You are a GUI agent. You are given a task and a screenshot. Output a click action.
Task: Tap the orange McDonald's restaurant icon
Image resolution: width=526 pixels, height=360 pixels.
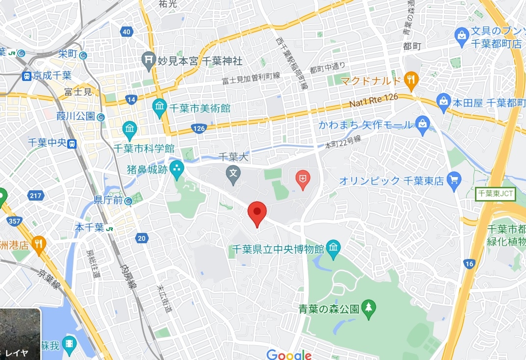pos(412,79)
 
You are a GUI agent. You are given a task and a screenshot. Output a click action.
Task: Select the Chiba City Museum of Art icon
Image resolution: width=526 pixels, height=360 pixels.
pos(159,108)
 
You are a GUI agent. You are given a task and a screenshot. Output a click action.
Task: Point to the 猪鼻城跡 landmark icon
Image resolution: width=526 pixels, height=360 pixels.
pos(177,169)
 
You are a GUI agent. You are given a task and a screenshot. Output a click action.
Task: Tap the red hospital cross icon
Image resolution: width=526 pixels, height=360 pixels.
pos(302,180)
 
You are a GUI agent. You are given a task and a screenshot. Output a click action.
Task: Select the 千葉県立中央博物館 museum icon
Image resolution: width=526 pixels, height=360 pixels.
pos(333,248)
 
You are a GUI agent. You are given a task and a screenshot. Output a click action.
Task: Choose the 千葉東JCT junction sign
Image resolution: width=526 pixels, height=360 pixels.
pos(496,194)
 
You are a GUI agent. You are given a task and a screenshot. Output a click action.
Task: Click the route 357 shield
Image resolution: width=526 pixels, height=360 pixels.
pos(15,221)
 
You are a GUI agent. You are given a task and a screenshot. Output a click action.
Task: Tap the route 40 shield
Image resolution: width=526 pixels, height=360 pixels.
pos(127,32)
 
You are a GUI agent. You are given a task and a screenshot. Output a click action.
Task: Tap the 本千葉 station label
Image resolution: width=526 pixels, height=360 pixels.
pos(90,227)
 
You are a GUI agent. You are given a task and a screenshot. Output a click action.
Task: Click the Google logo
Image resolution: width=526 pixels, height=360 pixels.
pos(289,354)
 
